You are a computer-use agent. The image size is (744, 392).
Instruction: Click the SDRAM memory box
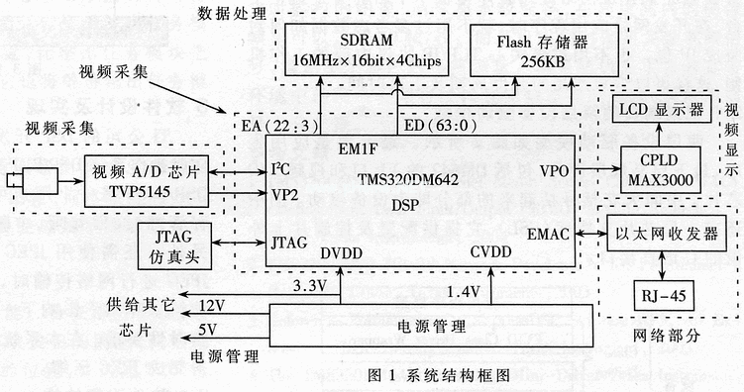pos(365,48)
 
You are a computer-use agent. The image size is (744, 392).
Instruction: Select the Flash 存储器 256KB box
pos(532,48)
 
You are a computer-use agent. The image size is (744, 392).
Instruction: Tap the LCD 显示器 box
pos(659,109)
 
